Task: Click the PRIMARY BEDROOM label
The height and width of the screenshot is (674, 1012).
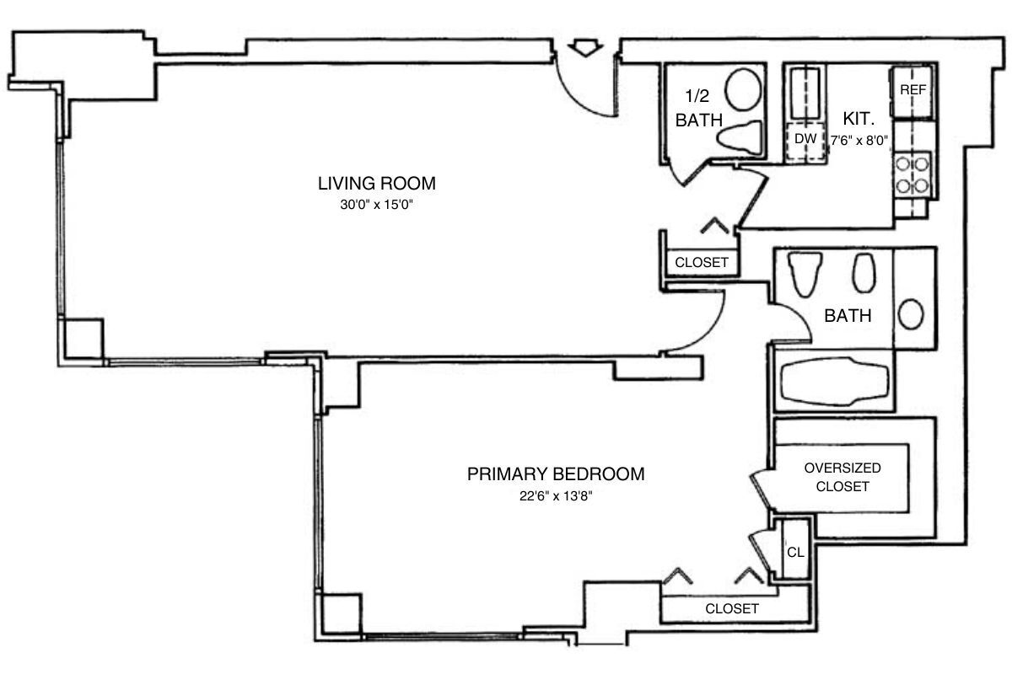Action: (556, 473)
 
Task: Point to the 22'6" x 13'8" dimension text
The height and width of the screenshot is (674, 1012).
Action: (556, 495)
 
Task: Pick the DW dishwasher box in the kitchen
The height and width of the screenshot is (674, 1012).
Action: (805, 139)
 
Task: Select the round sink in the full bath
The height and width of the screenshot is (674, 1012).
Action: (912, 316)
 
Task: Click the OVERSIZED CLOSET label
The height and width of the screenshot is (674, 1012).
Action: (842, 477)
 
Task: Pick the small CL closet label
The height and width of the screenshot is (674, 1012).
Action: (794, 553)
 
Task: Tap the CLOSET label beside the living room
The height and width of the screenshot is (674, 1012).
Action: (702, 262)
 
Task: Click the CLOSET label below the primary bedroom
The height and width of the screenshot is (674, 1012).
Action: (732, 608)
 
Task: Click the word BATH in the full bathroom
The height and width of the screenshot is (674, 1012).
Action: (848, 317)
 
